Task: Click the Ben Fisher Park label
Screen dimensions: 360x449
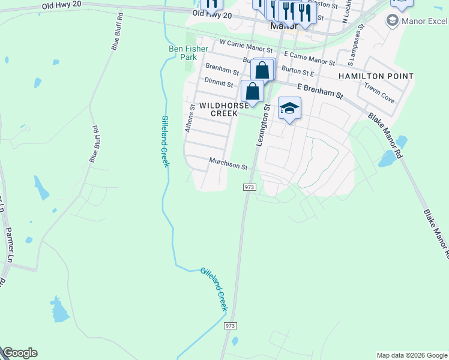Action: (188, 53)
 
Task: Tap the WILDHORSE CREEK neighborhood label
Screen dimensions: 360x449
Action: (223, 109)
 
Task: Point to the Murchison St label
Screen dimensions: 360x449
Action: (228, 164)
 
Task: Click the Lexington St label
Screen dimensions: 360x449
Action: (262, 124)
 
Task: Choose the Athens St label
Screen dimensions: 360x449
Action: (190, 118)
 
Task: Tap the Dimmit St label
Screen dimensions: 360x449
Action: (218, 82)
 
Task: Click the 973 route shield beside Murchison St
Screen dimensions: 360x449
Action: (250, 187)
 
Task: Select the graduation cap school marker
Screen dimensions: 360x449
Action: (289, 109)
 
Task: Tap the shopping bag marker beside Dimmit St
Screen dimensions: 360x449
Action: (253, 92)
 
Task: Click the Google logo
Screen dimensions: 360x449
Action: (20, 353)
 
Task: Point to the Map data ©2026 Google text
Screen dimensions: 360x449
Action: (412, 355)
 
